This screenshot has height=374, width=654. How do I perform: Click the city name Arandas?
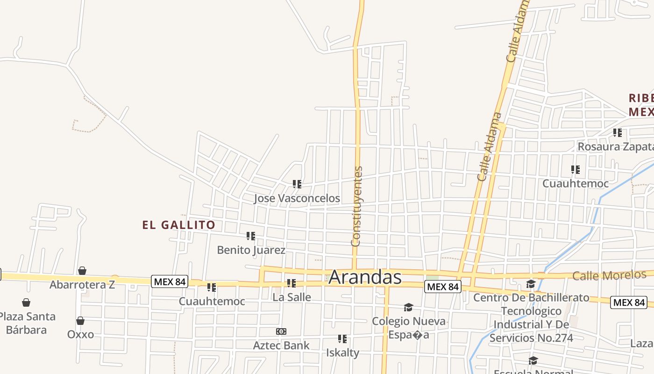click(x=365, y=277)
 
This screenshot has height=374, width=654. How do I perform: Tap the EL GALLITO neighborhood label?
click(x=179, y=225)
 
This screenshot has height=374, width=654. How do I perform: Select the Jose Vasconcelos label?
click(x=297, y=198)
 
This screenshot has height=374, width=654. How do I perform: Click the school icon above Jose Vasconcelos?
click(x=297, y=184)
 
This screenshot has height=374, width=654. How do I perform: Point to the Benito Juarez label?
click(x=251, y=250)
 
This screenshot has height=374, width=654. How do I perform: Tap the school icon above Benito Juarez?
click(x=251, y=236)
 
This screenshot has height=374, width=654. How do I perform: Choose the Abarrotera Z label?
click(x=82, y=284)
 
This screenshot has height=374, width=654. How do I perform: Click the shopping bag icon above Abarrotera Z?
click(x=82, y=271)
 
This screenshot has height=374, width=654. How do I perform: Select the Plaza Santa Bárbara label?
click(x=27, y=323)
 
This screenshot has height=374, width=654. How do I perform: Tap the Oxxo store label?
click(x=80, y=334)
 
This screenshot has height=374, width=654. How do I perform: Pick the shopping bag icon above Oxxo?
click(x=80, y=321)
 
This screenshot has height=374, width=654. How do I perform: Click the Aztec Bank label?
click(x=281, y=345)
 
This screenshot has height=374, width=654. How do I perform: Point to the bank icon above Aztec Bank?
click(x=281, y=331)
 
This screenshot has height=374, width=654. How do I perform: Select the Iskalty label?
click(x=342, y=352)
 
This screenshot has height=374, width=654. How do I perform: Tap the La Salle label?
click(x=291, y=297)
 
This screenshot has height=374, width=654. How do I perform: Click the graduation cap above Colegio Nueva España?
click(x=408, y=307)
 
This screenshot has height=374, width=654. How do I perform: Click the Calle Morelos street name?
click(x=609, y=275)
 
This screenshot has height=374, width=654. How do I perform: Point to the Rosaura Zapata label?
click(x=616, y=147)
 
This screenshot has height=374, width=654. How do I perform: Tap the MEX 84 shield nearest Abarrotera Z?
click(x=170, y=281)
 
